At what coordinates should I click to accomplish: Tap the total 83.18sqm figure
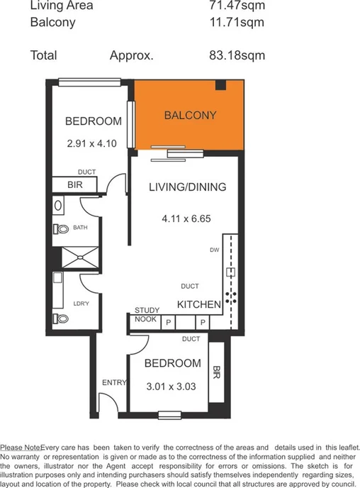[232, 55]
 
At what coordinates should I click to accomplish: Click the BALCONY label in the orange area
[190, 116]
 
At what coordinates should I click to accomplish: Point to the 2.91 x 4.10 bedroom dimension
[91, 142]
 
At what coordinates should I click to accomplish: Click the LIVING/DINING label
[187, 188]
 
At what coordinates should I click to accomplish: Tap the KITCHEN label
[199, 304]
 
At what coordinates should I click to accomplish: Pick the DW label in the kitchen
[213, 250]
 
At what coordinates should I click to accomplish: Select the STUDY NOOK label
[146, 315]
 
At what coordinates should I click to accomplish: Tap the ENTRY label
[114, 382]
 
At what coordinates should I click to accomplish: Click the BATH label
[80, 228]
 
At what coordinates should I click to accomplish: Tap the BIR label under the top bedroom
[75, 184]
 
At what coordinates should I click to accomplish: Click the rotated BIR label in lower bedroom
[216, 373]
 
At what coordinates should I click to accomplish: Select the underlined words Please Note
[21, 448]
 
